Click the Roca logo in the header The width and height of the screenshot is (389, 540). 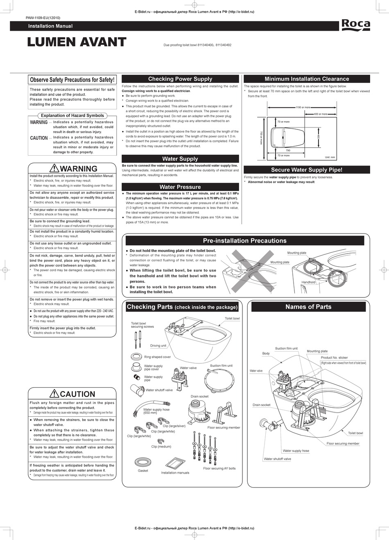[x=355, y=25]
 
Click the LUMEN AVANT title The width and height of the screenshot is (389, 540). [x=77, y=42]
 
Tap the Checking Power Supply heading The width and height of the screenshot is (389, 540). [x=180, y=79]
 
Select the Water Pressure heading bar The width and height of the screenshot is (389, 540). [x=180, y=187]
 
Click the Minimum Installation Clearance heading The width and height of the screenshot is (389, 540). [x=307, y=79]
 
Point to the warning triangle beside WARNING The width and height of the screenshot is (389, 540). [x=54, y=168]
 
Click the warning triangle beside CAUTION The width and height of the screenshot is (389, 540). [x=54, y=394]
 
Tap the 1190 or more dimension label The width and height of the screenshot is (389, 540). [x=303, y=107]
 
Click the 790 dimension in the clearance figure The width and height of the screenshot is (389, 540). [x=288, y=151]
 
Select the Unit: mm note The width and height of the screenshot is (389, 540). [x=330, y=157]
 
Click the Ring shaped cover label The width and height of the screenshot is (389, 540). [x=157, y=357]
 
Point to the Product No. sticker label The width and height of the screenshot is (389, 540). [x=334, y=358]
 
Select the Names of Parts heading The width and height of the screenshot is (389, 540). [x=308, y=307]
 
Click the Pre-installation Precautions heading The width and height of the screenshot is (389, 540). [x=244, y=241]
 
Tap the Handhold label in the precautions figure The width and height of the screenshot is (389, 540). [x=308, y=282]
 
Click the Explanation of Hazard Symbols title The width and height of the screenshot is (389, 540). [x=72, y=116]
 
